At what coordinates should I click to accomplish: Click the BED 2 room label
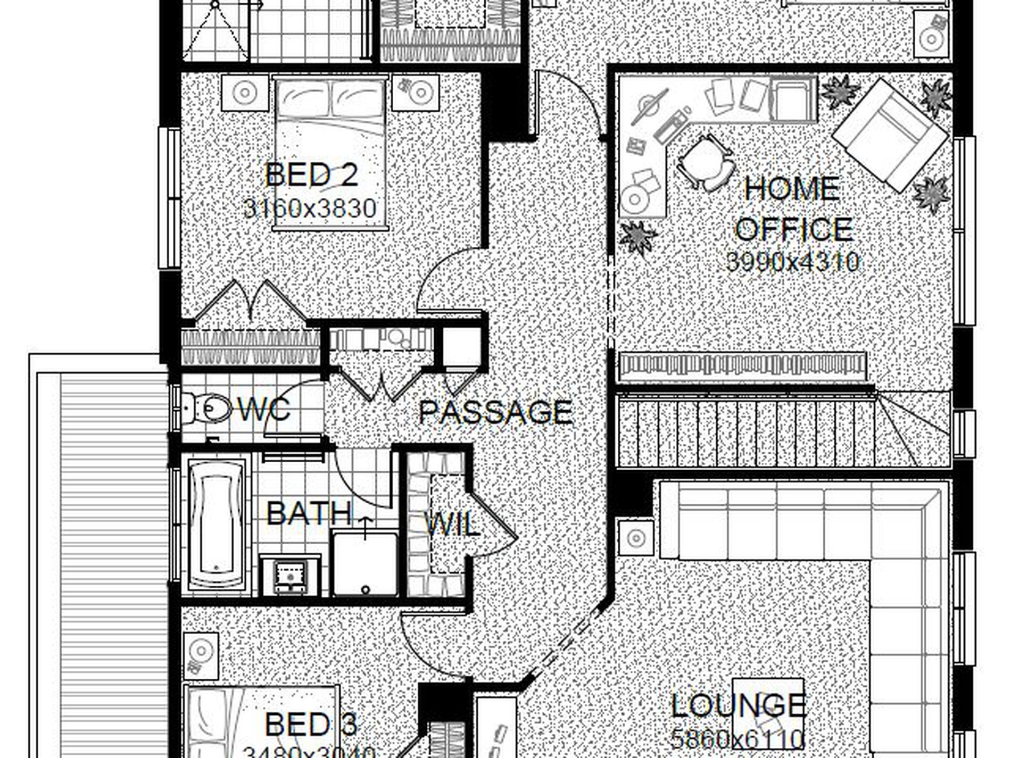(311, 174)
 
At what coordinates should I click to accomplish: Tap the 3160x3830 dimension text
(310, 209)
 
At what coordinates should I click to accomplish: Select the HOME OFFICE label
(793, 209)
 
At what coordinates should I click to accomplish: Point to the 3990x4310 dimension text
(793, 262)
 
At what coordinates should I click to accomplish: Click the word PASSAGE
(496, 412)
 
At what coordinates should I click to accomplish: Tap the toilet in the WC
(205, 409)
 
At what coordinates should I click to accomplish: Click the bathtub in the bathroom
(217, 524)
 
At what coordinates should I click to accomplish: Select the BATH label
(309, 513)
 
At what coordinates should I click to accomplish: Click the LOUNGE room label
(739, 705)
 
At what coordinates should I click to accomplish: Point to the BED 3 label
(311, 724)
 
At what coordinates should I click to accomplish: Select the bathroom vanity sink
(290, 576)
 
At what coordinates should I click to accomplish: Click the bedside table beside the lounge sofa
(636, 537)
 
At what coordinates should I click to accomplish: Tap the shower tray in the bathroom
(365, 564)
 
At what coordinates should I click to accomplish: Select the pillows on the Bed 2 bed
(330, 98)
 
